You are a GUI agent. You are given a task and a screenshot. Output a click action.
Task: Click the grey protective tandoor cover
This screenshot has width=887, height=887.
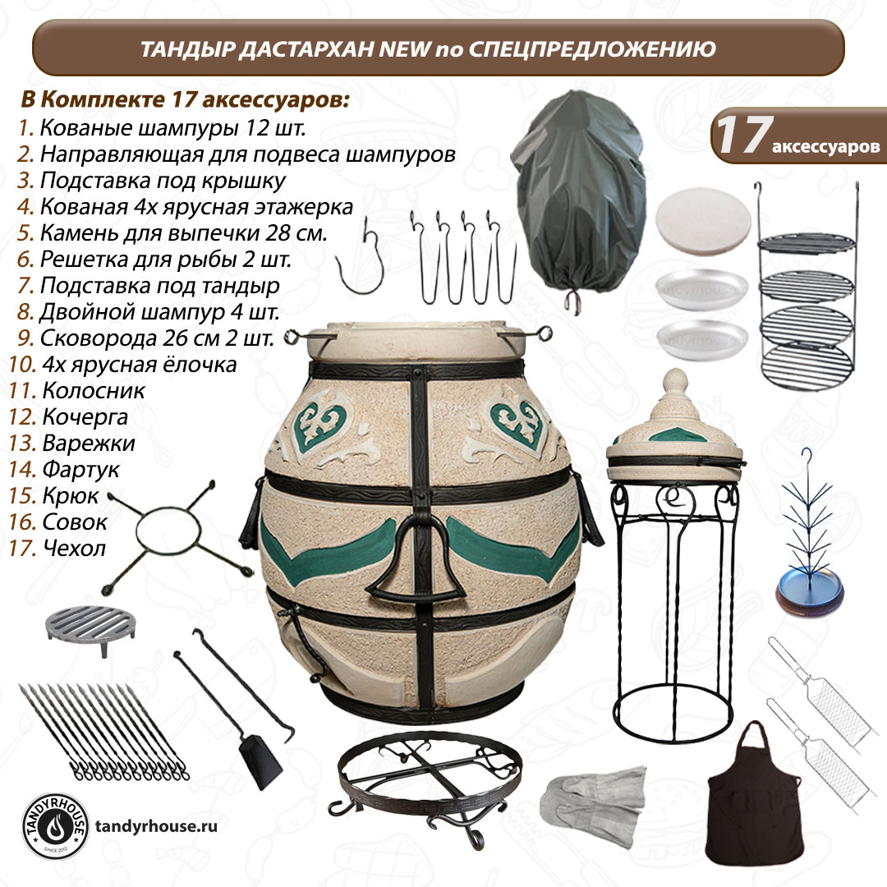click(x=577, y=198)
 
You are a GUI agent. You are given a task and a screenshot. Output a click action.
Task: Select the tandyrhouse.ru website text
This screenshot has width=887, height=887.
click(x=156, y=826)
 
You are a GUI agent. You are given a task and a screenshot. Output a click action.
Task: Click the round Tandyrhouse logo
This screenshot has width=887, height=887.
click(x=55, y=826)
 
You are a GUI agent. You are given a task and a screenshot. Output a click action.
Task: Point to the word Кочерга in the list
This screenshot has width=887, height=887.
click(x=85, y=417)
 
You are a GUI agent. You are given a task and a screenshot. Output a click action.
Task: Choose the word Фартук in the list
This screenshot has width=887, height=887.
click(x=80, y=470)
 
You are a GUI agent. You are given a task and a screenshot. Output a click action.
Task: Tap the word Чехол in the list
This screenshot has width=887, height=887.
click(x=74, y=548)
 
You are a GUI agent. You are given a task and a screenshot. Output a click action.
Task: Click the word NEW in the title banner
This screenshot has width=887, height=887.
click(x=404, y=49)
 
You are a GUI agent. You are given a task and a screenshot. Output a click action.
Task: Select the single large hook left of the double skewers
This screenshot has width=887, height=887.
click(x=361, y=257)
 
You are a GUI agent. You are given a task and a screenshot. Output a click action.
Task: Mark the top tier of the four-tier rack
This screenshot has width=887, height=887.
click(x=807, y=242)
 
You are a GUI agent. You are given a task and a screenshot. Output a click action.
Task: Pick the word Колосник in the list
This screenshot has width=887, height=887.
click(x=94, y=391)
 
